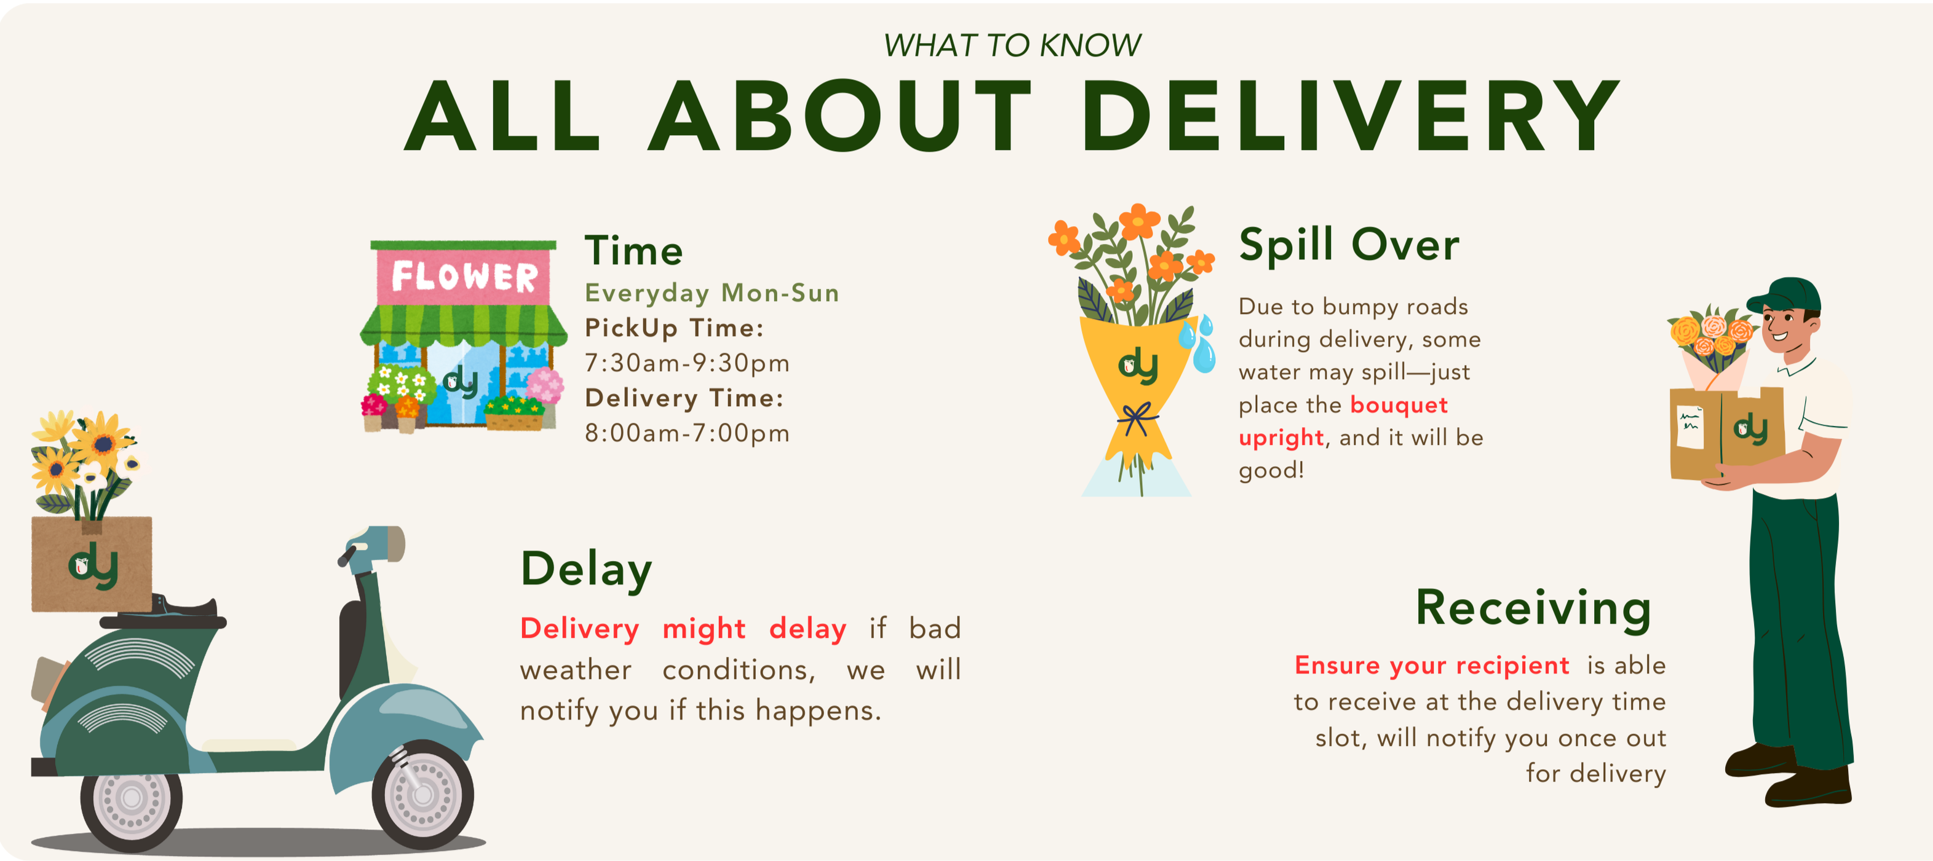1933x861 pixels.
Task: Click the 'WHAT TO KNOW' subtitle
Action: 1012,45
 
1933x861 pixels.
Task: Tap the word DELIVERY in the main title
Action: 1351,116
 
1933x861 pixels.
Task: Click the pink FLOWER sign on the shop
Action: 464,277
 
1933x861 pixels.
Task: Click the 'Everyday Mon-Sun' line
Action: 712,293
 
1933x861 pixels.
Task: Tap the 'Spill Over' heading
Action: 1349,245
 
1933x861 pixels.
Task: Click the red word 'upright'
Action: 1281,438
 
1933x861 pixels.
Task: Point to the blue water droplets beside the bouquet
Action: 1199,343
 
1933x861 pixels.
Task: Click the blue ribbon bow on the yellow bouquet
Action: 1137,419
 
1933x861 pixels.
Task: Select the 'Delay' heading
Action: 586,569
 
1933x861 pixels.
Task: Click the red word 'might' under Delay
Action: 704,629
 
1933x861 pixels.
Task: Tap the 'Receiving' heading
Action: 1533,608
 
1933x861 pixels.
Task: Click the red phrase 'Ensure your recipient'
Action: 1432,665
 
